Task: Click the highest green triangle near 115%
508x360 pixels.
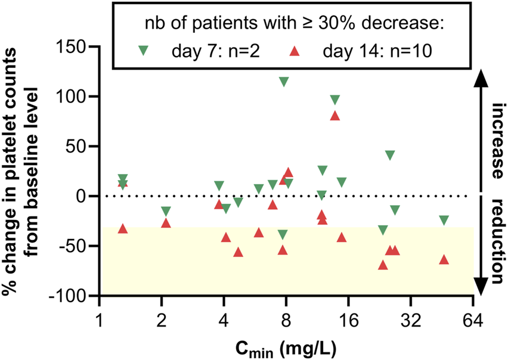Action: click(284, 82)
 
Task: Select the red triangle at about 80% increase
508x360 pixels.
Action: click(335, 116)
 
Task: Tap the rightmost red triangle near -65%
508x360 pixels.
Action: click(444, 259)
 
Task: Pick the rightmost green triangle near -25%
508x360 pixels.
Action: click(444, 221)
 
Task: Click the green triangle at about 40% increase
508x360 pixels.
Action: click(390, 156)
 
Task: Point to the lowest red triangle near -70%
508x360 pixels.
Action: click(383, 265)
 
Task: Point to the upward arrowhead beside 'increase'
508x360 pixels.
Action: click(481, 77)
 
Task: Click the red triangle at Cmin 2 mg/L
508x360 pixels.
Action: click(166, 223)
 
